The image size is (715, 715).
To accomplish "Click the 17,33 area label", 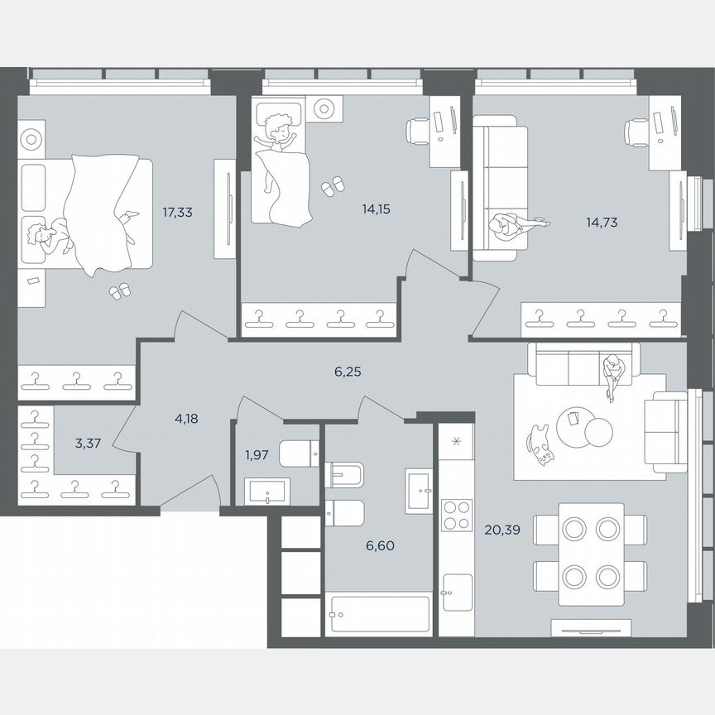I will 178,213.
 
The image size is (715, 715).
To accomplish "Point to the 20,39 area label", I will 505,530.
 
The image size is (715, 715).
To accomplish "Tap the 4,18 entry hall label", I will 187,419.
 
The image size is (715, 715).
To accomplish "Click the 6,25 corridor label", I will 348,373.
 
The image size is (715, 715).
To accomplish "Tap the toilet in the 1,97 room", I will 299,453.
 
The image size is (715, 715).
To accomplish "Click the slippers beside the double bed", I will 121,290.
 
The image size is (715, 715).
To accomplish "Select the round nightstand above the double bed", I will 31,137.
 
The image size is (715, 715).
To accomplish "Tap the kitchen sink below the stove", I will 456,593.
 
